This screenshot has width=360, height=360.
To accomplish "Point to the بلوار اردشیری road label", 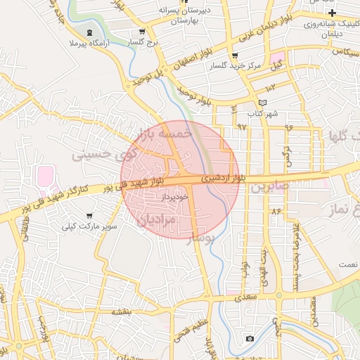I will pos(224,178).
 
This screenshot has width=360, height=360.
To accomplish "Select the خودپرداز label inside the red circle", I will pos(174,198).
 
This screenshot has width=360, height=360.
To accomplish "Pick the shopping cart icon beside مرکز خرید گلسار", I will pos(234,56).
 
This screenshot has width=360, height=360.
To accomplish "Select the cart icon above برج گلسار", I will pos(142,32).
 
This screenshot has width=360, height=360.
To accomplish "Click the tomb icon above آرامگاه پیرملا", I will pos(89,32).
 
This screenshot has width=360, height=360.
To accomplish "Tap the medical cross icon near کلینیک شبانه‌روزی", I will pos(332,13).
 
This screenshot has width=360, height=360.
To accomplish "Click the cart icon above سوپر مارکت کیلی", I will pos(89,216).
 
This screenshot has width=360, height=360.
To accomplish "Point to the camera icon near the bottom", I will pos(250,339).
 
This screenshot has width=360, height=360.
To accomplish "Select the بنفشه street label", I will pos(120,310).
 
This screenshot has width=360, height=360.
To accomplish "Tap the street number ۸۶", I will pos(275,210).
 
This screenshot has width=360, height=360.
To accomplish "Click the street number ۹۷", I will pos(242,127).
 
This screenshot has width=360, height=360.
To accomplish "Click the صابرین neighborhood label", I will pos(269,188).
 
